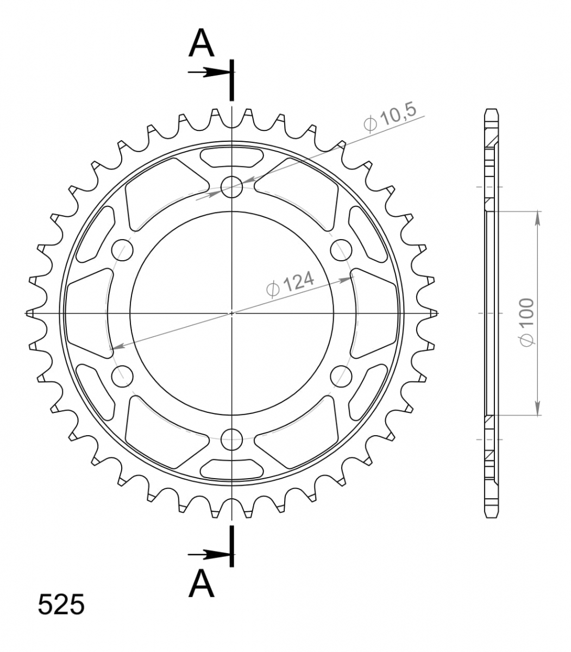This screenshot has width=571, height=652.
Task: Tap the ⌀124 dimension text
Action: pyautogui.click(x=290, y=284)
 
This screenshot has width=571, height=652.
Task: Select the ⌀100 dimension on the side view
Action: pyautogui.click(x=527, y=322)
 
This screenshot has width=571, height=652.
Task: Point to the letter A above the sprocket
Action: pyautogui.click(x=201, y=43)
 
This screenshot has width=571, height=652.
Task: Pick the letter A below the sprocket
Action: pyautogui.click(x=201, y=584)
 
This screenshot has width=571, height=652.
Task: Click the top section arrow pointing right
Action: pyautogui.click(x=209, y=72)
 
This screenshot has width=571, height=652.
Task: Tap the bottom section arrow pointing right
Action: pyautogui.click(x=209, y=555)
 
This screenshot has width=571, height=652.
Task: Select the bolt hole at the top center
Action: pyautogui.click(x=231, y=187)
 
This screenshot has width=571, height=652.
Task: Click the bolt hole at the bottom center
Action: pyautogui.click(x=231, y=439)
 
